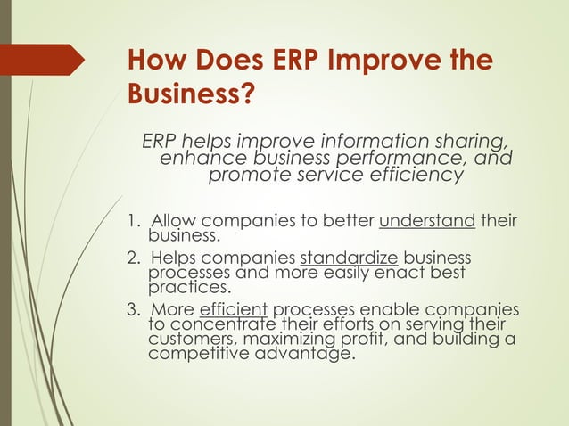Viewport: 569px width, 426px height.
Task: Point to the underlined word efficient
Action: point(234,310)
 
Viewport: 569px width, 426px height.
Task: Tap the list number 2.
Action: point(130,258)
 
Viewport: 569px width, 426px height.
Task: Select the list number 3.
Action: point(130,310)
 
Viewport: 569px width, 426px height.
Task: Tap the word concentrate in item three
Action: point(221,325)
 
